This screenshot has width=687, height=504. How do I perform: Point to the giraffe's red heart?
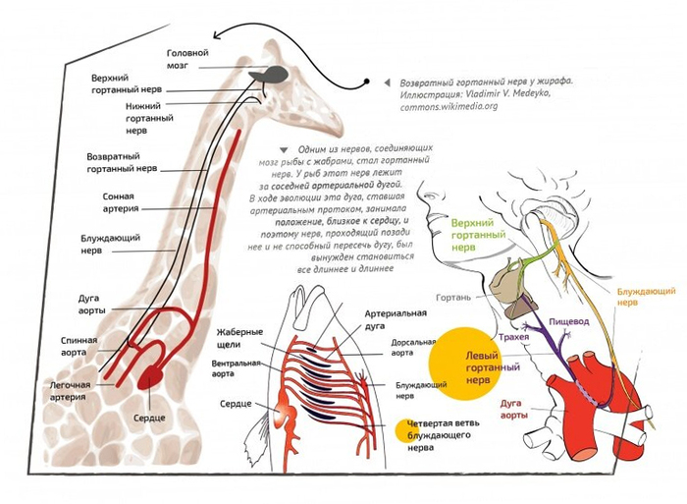pyautogui.click(x=156, y=375)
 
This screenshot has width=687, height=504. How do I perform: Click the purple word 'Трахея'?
pyautogui.click(x=512, y=337)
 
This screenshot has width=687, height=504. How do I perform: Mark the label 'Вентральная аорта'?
pyautogui.click(x=234, y=369)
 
